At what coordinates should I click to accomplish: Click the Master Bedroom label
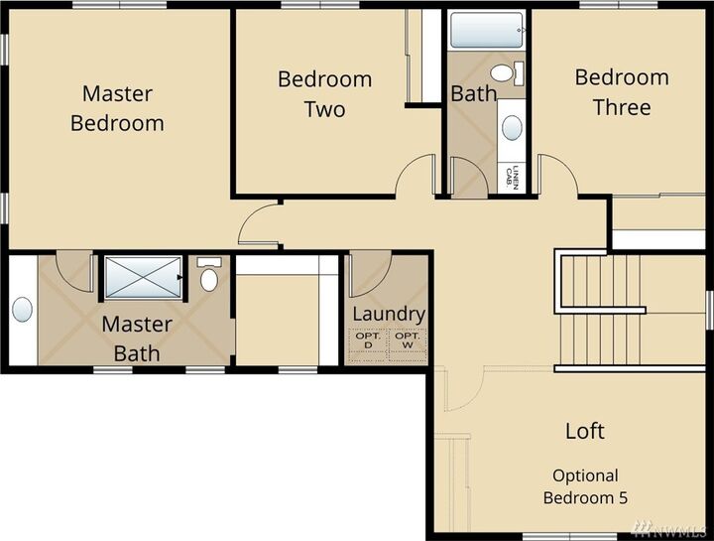117,108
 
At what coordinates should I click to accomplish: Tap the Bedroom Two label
324,93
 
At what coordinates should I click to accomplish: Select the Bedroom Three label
622,91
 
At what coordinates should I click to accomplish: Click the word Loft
584,431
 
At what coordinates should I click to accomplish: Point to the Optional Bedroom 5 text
585,486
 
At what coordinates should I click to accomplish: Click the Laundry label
389,314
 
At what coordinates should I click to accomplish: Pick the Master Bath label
137,338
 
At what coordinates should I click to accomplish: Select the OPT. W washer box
407,340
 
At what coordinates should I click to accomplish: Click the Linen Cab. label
512,177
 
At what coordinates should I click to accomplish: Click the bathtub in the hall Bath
486,30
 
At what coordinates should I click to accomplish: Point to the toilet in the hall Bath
507,73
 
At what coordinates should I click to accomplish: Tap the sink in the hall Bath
512,127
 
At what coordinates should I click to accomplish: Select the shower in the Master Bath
144,278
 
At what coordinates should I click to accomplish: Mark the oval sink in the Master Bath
23,310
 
